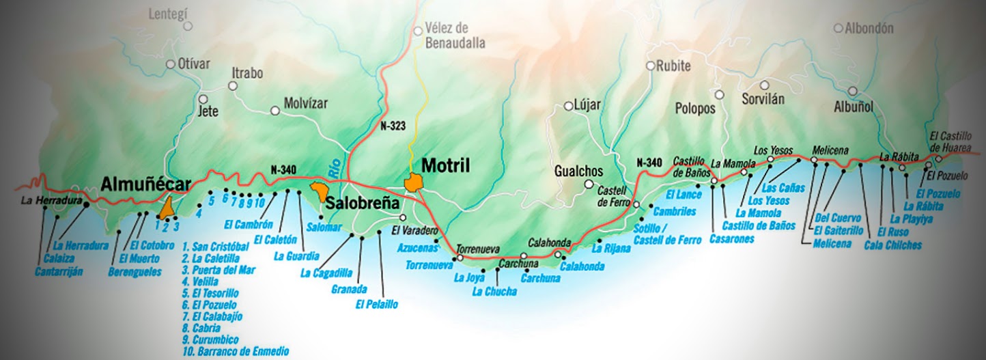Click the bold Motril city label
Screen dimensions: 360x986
point(446,165)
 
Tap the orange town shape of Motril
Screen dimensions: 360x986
point(413,183)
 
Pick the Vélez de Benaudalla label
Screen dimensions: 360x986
point(455,36)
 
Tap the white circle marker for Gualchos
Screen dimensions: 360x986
point(589,184)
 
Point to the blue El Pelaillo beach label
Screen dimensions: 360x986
point(376,305)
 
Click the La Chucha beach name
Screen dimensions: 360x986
point(494,292)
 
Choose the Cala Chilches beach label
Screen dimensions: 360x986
point(892,245)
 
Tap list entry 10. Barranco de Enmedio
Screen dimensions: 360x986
point(236,352)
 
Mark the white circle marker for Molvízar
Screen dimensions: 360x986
point(275,110)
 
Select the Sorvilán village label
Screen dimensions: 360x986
point(763,99)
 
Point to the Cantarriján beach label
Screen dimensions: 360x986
point(59,271)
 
